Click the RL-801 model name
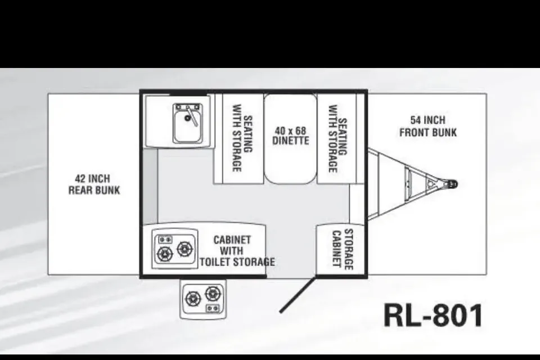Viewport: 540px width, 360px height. pyautogui.click(x=433, y=315)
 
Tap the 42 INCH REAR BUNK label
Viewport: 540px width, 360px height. pyautogui.click(x=94, y=184)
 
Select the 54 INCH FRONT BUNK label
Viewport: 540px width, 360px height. pyautogui.click(x=428, y=127)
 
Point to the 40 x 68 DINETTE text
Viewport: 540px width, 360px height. pyautogui.click(x=291, y=136)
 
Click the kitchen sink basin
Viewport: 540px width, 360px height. pyautogui.click(x=187, y=123)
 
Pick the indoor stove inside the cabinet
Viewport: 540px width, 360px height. pyautogui.click(x=174, y=249)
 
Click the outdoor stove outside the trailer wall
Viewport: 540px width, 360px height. pyautogui.click(x=203, y=299)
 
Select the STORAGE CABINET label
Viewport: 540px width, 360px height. pyautogui.click(x=343, y=249)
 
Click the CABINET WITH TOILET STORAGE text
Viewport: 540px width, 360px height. pyautogui.click(x=237, y=251)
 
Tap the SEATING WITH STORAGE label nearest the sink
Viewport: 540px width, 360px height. pyautogui.click(x=242, y=138)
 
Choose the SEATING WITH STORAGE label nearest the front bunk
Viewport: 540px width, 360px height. pyautogui.click(x=337, y=138)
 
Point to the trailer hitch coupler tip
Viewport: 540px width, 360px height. pyautogui.click(x=455, y=184)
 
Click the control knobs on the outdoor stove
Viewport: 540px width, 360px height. pyautogui.click(x=213, y=308)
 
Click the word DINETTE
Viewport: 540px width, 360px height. pyautogui.click(x=291, y=141)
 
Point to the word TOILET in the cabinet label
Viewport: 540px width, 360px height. pyautogui.click(x=214, y=262)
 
